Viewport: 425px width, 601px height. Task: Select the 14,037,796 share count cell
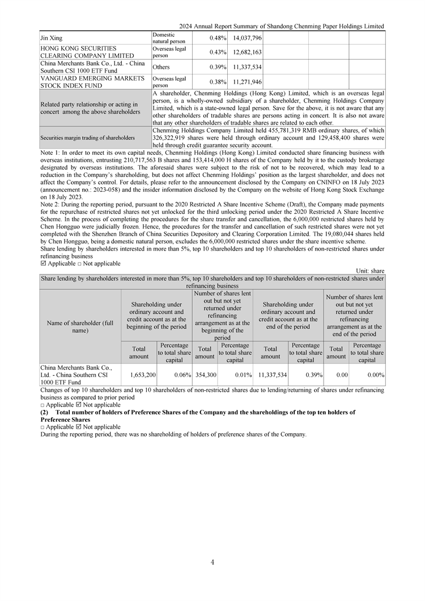(x=246, y=38)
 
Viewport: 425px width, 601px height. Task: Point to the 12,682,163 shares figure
(x=246, y=52)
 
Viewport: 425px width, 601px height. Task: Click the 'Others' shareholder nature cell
(x=162, y=67)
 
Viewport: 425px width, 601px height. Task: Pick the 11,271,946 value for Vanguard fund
(x=246, y=82)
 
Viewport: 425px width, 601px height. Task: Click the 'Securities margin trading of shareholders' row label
(x=88, y=138)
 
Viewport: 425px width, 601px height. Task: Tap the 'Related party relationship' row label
(x=89, y=108)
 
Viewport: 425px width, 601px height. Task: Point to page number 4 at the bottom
(x=212, y=562)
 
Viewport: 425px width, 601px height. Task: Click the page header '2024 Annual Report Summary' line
(x=281, y=26)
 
